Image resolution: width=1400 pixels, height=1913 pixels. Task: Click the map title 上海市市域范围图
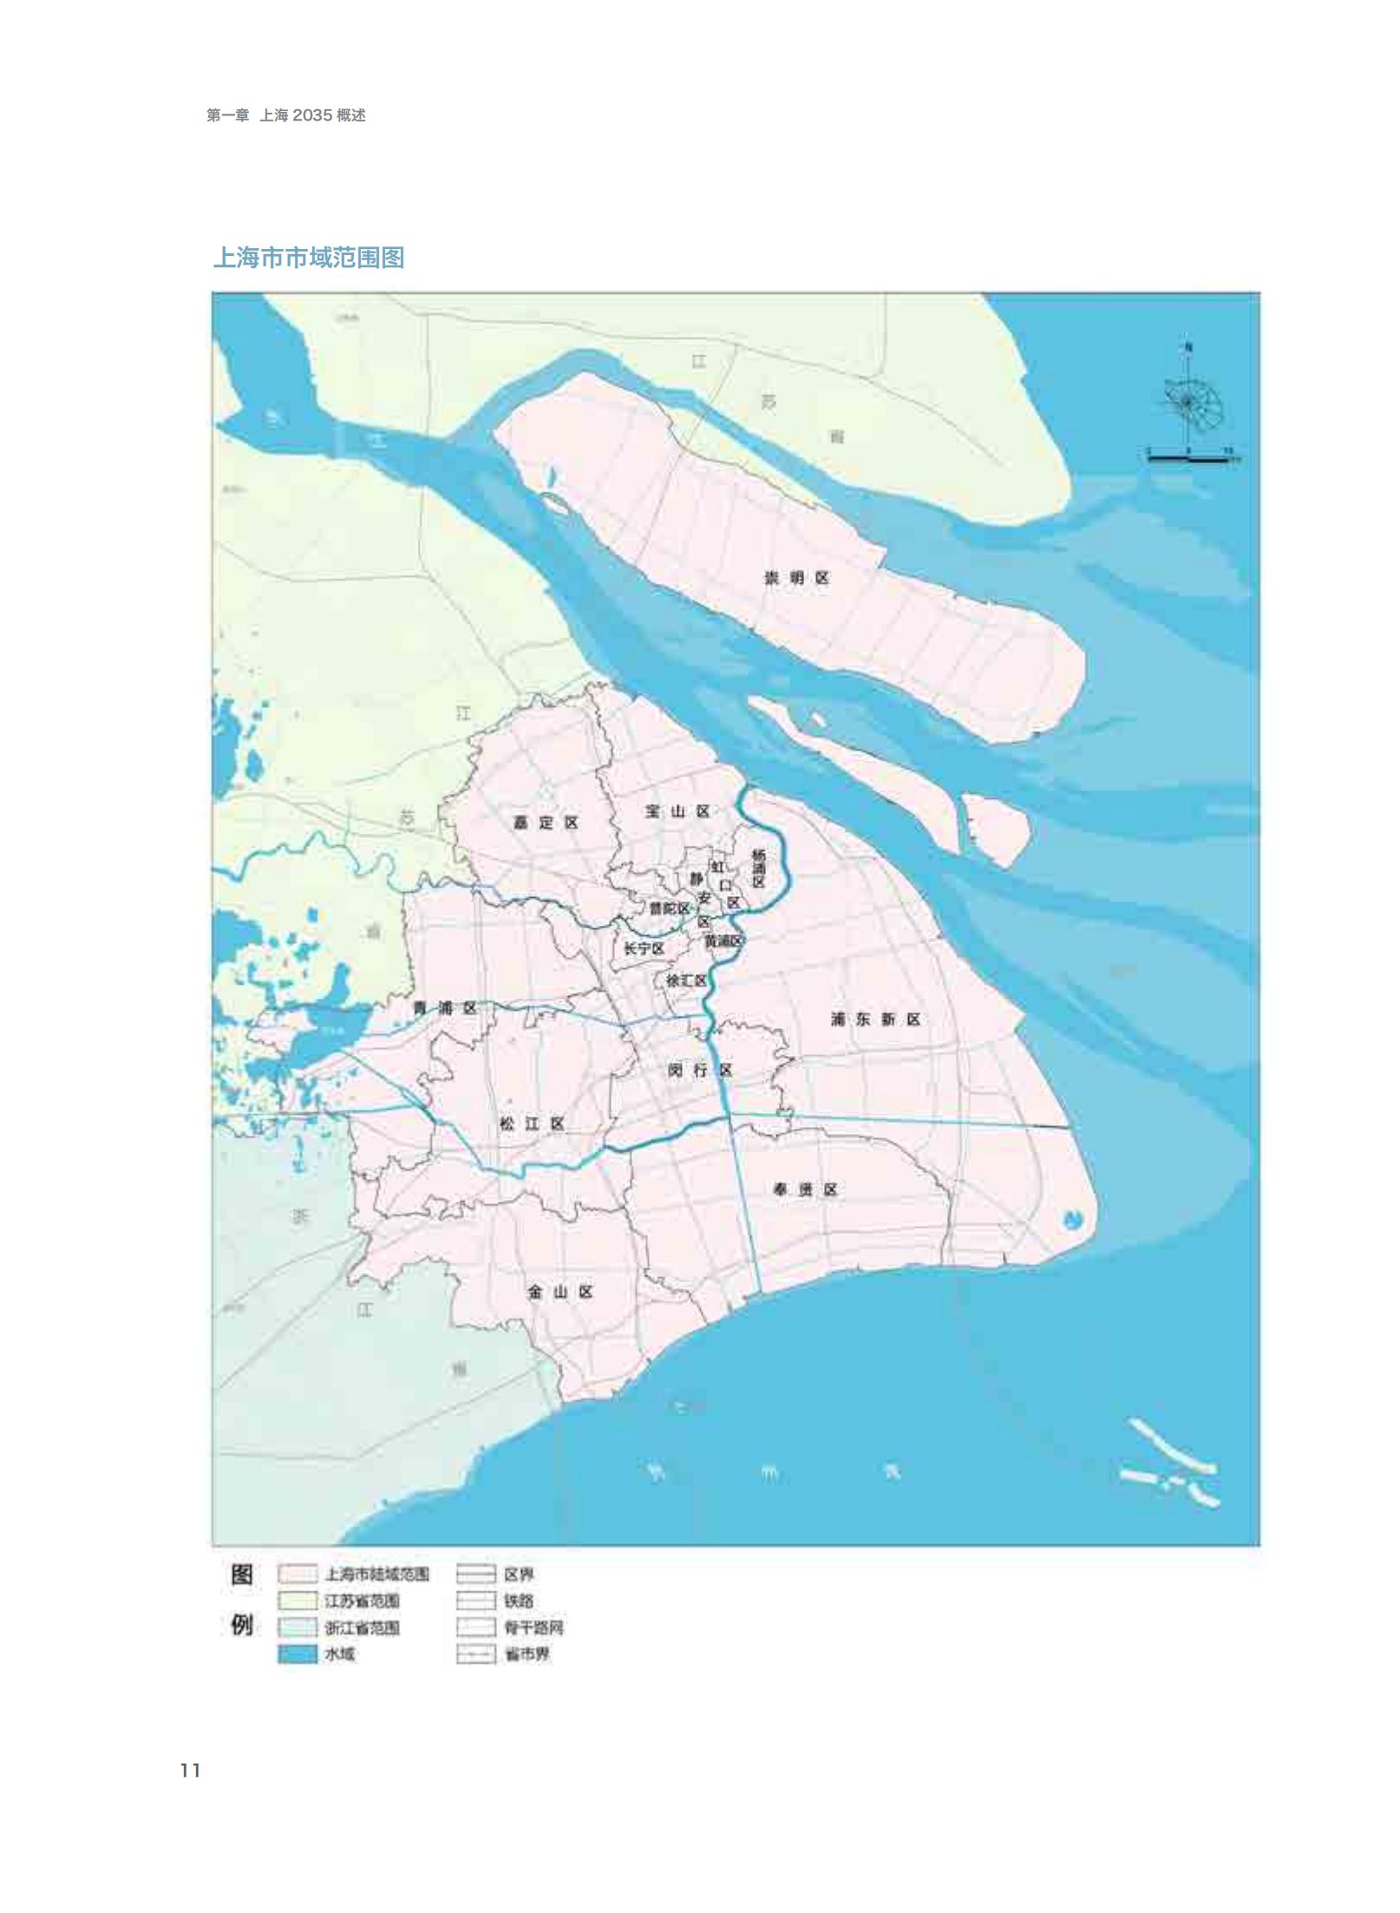(309, 258)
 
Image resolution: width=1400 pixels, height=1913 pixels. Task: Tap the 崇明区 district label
(796, 578)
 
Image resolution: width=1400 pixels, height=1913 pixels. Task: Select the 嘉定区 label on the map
(546, 822)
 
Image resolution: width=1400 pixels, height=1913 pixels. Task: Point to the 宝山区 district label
(677, 811)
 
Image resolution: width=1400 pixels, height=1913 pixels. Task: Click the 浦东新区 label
(875, 1019)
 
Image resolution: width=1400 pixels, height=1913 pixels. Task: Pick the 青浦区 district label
(444, 1008)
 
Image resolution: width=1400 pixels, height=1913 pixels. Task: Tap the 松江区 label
(532, 1124)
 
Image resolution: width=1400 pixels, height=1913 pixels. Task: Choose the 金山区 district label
(560, 1292)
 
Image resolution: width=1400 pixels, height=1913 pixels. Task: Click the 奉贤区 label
(805, 1189)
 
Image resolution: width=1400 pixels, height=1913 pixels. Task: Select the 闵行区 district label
(700, 1071)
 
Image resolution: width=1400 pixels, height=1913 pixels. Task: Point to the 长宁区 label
(644, 949)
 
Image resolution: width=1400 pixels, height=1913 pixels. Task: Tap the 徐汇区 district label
(685, 980)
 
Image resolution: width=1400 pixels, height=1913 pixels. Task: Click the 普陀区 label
(670, 908)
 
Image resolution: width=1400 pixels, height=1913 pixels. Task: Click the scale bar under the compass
(1187, 458)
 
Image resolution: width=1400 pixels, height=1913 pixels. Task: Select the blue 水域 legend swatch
(297, 1654)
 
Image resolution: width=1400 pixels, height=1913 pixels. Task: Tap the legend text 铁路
(519, 1601)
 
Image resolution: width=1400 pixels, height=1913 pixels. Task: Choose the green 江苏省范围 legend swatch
(297, 1601)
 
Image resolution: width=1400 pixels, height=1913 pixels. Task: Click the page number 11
(191, 1771)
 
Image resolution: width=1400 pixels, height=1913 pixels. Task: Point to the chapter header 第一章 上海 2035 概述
(285, 115)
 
